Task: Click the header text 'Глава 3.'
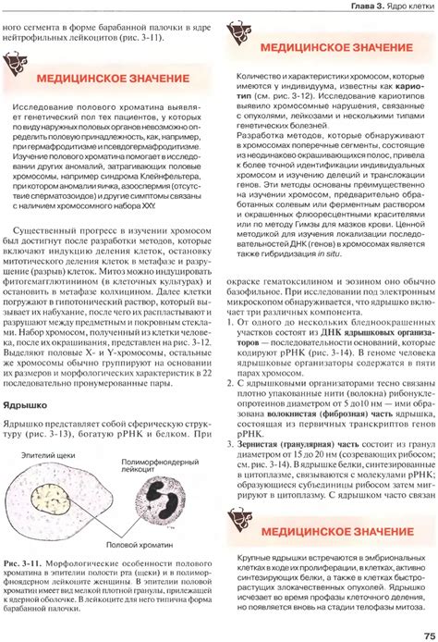point(361,8)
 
